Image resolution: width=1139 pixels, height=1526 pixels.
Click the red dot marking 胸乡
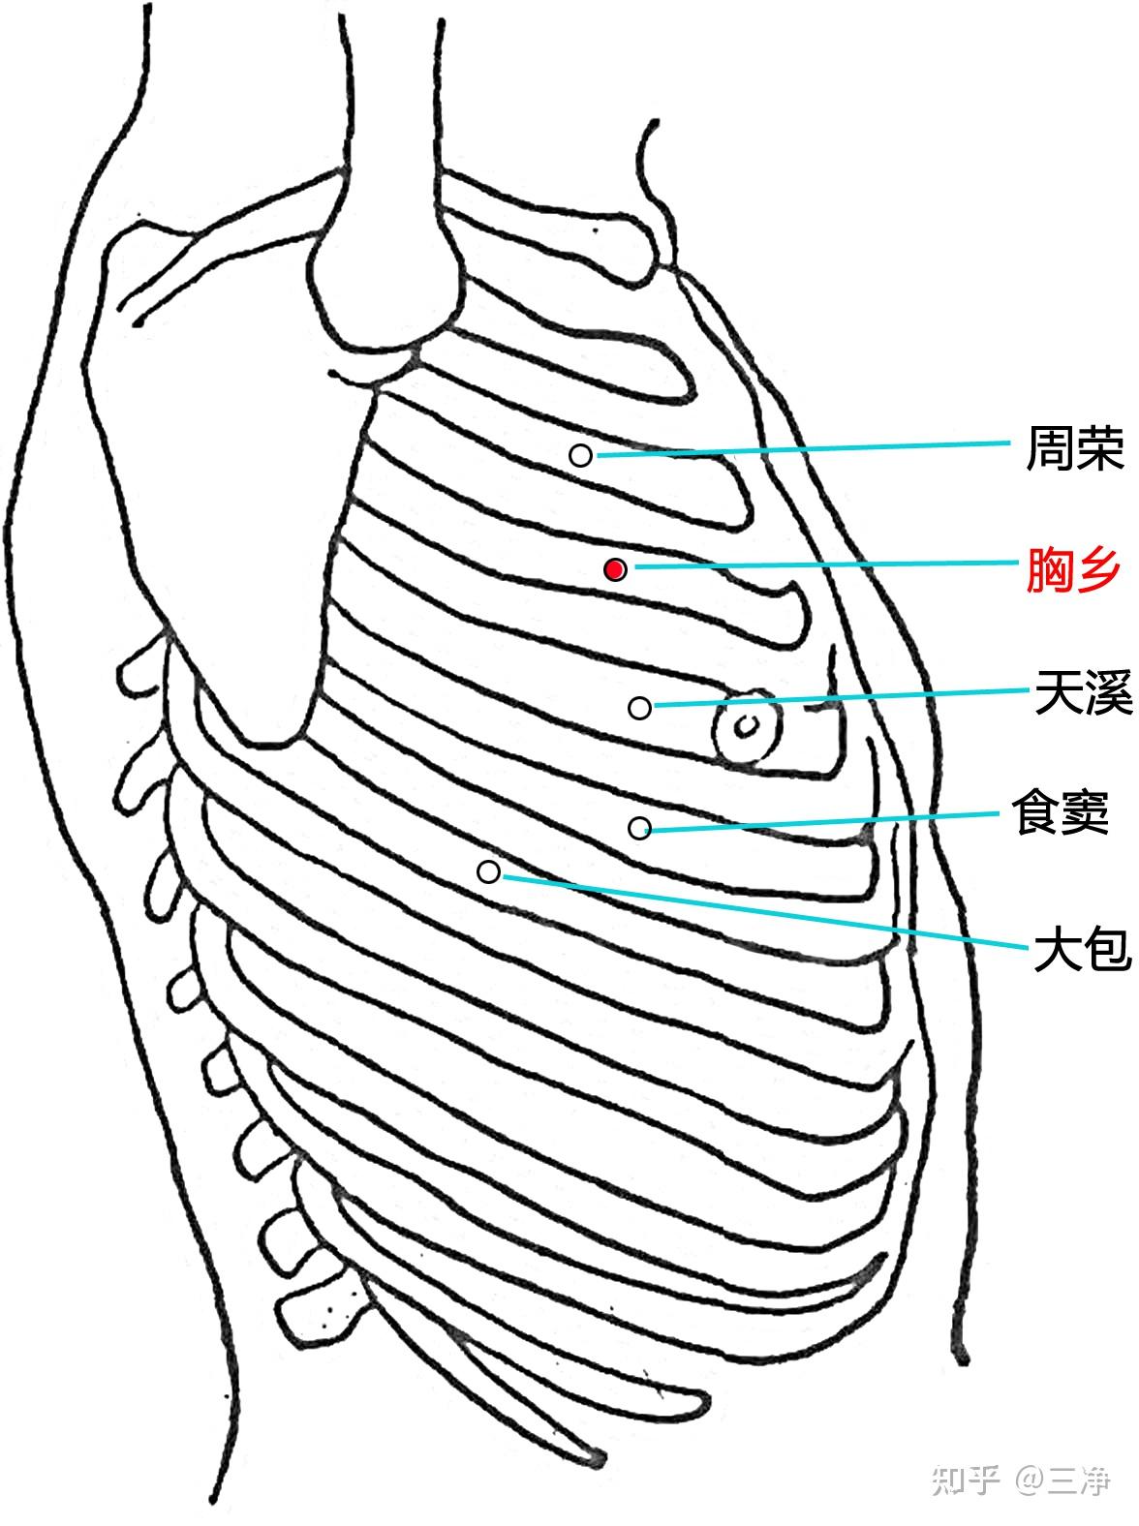click(x=614, y=569)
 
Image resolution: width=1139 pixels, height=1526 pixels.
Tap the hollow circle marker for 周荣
click(x=580, y=455)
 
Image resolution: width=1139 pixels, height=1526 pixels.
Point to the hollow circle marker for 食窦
click(x=639, y=827)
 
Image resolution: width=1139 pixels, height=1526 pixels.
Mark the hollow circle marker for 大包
click(x=489, y=872)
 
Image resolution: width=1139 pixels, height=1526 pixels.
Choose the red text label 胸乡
click(x=1075, y=570)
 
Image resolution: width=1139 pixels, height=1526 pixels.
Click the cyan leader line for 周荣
click(x=804, y=448)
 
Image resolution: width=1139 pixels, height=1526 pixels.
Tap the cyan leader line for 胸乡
click(x=823, y=565)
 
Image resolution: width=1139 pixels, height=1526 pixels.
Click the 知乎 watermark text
click(x=965, y=1480)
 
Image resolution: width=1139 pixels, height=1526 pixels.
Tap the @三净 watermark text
click(x=1062, y=1480)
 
